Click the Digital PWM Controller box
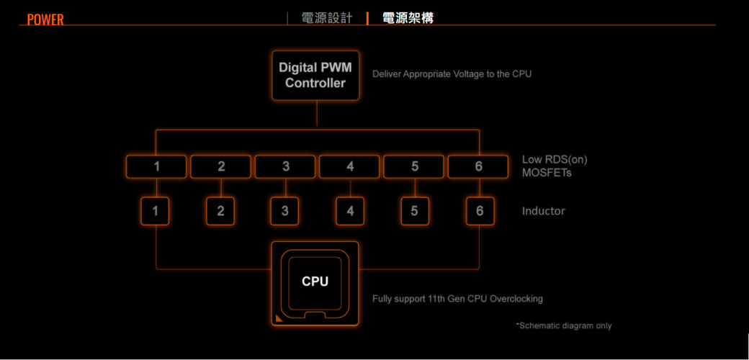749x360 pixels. tap(315, 75)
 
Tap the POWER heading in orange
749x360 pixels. tap(45, 19)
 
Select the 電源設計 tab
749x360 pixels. tap(326, 18)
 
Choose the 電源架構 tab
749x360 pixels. tap(408, 18)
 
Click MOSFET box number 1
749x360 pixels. tap(156, 166)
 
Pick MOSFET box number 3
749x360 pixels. tap(285, 166)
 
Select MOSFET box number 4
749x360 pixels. tap(350, 166)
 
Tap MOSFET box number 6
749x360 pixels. tap(479, 166)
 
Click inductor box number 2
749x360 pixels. tap(220, 211)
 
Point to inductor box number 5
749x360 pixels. tap(414, 211)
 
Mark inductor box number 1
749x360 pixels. tap(156, 211)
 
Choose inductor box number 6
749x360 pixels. tap(480, 211)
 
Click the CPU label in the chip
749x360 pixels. tap(315, 282)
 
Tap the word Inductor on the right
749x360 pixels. tap(543, 211)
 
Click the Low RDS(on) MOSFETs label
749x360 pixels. tap(550, 166)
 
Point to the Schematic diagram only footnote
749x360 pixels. tap(564, 325)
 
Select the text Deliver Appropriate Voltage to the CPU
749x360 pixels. tap(452, 74)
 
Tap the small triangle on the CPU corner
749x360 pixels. tap(279, 318)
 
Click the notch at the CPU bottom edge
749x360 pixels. tap(315, 315)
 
